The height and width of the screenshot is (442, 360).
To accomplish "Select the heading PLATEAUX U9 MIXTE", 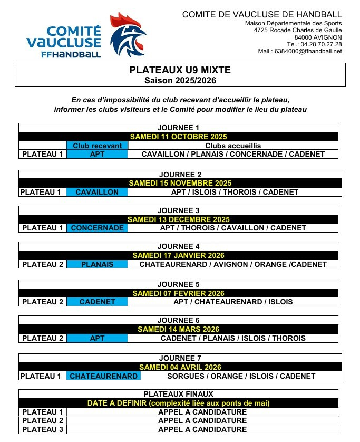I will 180,70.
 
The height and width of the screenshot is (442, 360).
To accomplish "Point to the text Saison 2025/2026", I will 180,80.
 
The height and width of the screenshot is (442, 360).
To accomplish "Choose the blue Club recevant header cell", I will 97,146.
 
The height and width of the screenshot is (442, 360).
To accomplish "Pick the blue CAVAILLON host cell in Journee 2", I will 97,192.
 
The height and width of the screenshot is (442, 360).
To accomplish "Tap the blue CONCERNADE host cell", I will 97,228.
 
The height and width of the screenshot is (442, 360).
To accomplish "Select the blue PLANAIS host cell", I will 97,264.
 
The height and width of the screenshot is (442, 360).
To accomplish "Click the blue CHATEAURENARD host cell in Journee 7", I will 104,376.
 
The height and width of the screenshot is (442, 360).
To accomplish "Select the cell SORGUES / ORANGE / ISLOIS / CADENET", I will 241,376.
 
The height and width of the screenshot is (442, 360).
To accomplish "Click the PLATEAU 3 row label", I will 43,429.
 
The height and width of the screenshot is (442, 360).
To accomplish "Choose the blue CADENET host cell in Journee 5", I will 97,302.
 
